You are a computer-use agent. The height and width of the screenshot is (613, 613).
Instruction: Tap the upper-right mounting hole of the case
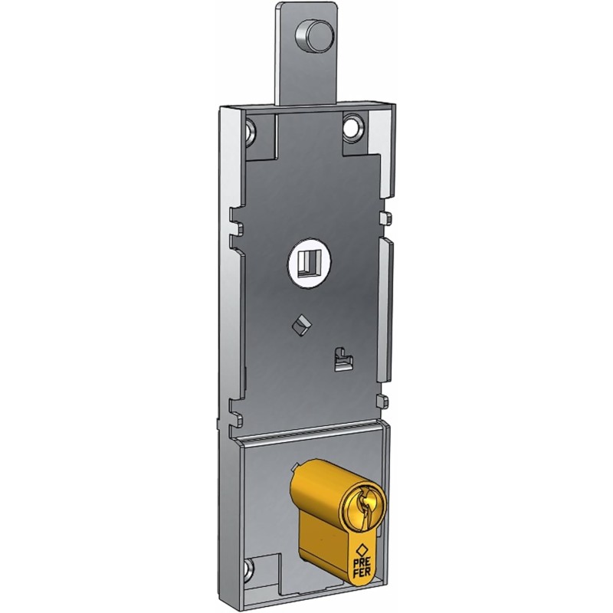click(x=353, y=125)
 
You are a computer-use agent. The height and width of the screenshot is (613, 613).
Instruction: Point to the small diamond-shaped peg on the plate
click(x=300, y=325)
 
